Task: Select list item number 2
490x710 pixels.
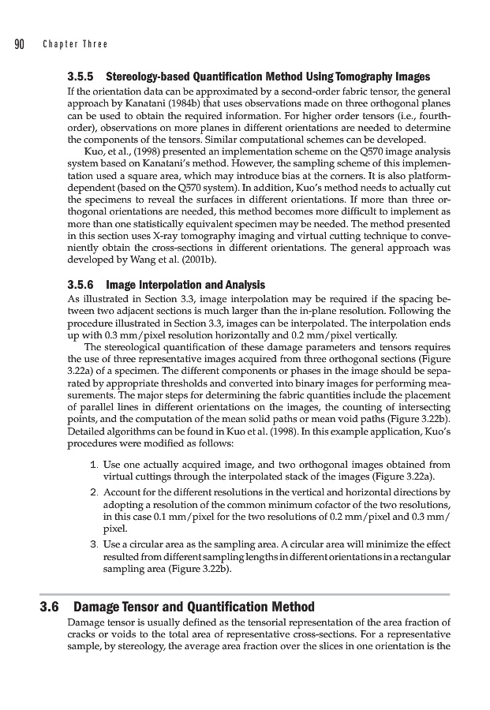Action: [95, 492]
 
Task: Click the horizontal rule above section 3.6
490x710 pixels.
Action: [245, 594]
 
